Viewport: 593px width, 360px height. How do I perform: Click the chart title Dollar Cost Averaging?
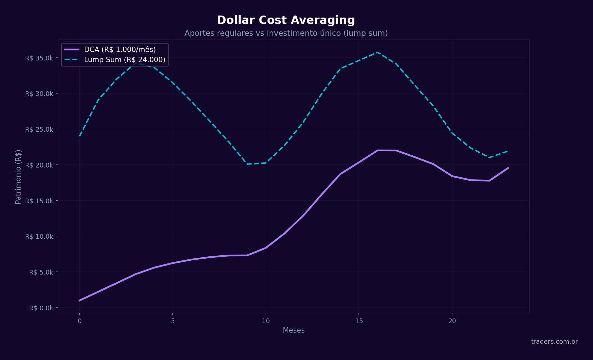point(286,20)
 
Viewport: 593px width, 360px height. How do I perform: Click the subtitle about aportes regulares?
point(286,33)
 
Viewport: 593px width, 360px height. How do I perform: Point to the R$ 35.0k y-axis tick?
point(39,58)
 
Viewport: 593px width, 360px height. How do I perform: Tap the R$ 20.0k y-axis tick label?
point(39,165)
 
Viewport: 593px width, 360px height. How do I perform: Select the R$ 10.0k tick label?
point(39,236)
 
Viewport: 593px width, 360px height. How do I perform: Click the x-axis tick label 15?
point(359,321)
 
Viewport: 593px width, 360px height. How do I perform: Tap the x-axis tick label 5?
point(173,321)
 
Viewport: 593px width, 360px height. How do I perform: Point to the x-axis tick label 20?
point(452,321)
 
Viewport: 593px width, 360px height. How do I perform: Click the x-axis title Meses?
point(294,330)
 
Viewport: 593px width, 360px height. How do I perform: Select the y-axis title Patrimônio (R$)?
point(18,177)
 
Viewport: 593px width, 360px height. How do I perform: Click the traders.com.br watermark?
point(554,341)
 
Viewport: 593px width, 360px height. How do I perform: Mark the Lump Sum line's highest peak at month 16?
point(377,52)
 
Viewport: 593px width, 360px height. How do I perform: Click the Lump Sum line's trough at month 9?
point(247,164)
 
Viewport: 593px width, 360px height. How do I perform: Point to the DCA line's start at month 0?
point(79,301)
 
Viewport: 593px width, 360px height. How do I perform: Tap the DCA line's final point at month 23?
point(508,168)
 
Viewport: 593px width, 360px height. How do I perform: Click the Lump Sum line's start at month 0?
point(79,136)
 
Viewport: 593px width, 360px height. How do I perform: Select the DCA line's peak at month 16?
point(377,150)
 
